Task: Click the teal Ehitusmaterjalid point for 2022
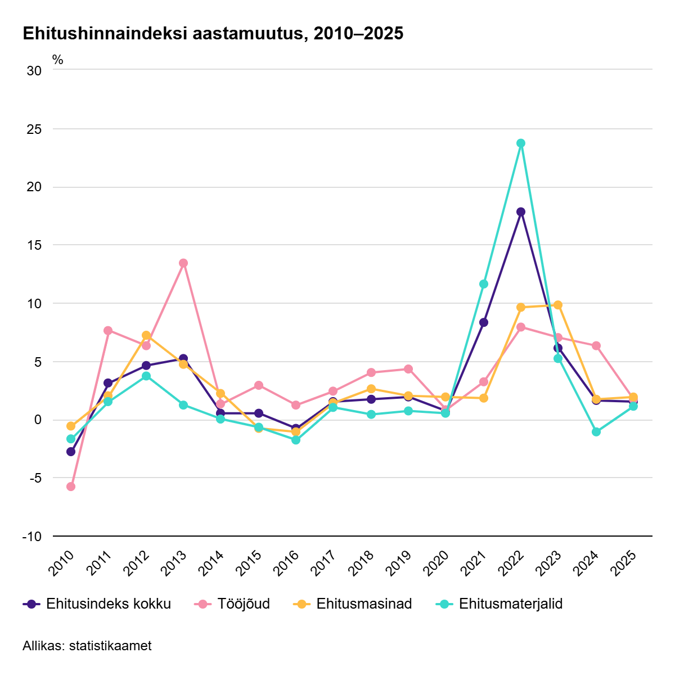(x=521, y=143)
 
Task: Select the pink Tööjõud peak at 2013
(x=183, y=263)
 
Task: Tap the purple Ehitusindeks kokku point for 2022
(x=521, y=211)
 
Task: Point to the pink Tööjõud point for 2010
(x=71, y=487)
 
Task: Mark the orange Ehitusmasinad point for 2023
(x=558, y=305)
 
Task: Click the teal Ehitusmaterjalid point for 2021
(x=484, y=284)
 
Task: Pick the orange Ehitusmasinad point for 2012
(x=146, y=335)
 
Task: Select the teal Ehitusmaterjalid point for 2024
(x=596, y=432)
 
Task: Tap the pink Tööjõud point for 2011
(x=108, y=330)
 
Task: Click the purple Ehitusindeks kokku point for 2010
(x=71, y=452)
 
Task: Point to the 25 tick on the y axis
(x=34, y=129)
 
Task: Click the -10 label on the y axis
(x=32, y=537)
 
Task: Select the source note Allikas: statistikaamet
(x=87, y=646)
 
